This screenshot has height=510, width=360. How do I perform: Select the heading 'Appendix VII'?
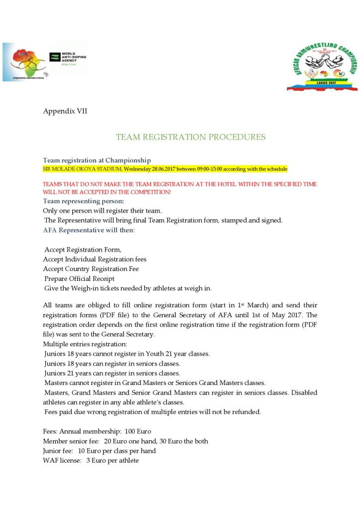(x=65, y=111)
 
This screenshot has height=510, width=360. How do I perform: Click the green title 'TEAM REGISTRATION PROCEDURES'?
(x=191, y=137)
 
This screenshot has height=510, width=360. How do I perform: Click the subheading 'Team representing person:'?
(x=83, y=201)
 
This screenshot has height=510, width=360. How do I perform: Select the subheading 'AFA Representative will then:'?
(x=89, y=230)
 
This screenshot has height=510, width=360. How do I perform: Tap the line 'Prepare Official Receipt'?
(x=80, y=278)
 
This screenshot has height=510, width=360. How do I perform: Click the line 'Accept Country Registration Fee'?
(x=91, y=269)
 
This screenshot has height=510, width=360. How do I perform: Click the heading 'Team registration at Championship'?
(x=97, y=160)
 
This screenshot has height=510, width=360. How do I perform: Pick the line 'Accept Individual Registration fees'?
(x=95, y=259)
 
